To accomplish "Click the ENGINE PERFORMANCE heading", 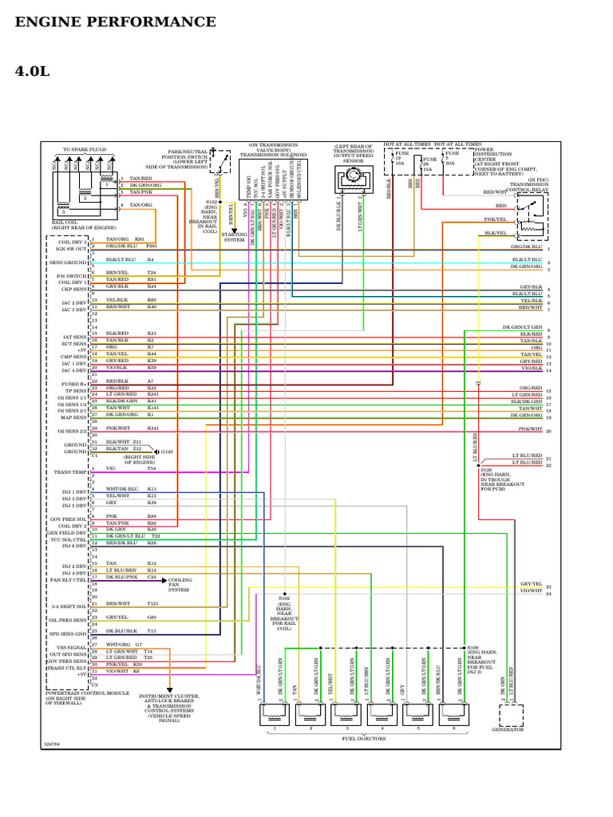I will (115, 22).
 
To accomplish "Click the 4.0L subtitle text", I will (32, 72).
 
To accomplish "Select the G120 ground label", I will (168, 452).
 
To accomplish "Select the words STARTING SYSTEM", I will (235, 237).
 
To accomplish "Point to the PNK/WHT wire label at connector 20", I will (529, 429).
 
